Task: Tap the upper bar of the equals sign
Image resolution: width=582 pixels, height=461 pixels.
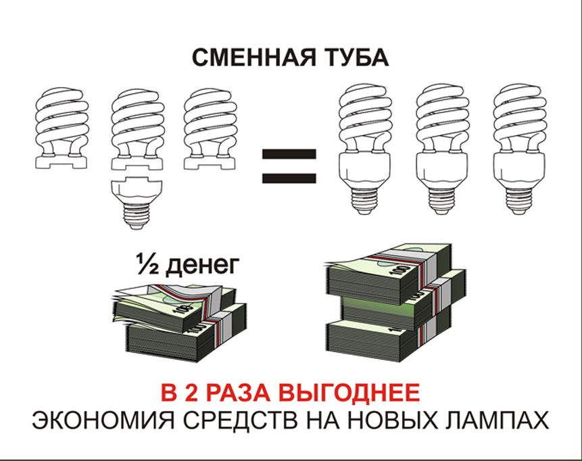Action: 289,153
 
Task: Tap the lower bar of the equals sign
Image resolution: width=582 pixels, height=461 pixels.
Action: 289,178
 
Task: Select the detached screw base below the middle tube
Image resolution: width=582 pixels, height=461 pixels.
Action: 138,203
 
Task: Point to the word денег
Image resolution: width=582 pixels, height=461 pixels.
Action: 201,266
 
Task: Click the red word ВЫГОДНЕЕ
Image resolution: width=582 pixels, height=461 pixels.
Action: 349,393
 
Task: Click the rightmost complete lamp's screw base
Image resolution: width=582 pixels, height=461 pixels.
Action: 518,201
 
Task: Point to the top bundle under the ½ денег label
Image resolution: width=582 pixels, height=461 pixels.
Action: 174,304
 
